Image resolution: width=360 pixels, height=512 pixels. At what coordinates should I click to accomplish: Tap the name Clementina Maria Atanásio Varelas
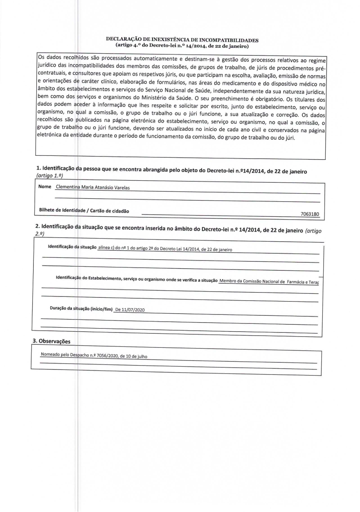tap(93, 187)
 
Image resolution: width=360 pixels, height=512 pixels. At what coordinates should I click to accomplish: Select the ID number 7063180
tap(310, 214)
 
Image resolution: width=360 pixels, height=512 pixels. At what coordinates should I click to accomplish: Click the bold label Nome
tap(45, 187)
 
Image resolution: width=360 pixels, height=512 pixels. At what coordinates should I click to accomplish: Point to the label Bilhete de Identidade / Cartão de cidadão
tap(84, 210)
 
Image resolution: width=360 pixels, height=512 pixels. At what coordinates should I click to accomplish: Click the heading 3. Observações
tap(51, 341)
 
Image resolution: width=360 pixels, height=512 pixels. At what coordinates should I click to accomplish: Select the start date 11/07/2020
tap(133, 310)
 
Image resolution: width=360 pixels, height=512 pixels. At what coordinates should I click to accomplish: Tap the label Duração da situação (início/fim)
tap(81, 309)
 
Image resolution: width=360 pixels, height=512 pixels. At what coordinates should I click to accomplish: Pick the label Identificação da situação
tap(72, 247)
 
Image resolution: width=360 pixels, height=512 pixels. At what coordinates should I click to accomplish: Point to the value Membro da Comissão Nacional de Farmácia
tap(269, 282)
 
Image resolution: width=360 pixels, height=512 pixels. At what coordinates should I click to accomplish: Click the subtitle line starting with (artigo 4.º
tap(182, 46)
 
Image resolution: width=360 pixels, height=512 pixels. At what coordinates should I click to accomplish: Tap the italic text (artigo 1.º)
tap(50, 175)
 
